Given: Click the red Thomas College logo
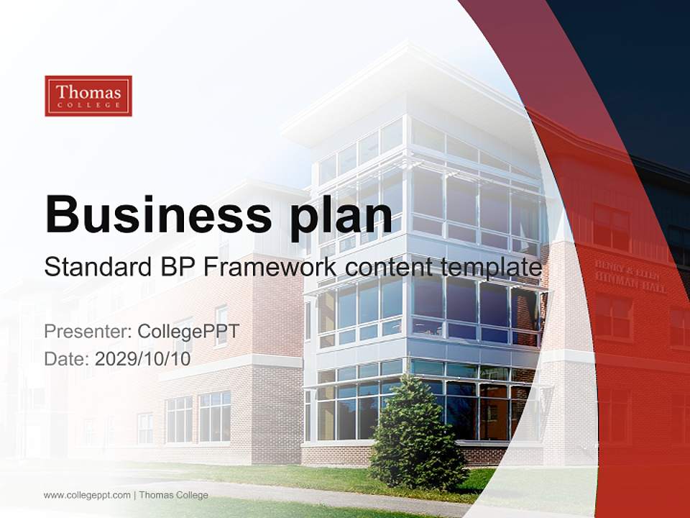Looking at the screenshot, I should coord(88,96).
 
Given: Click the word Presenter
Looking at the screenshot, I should coord(87,332).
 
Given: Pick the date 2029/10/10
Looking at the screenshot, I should coord(142,358).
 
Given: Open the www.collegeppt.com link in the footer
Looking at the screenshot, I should coord(87,495).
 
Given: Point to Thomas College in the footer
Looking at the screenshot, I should coord(173,495).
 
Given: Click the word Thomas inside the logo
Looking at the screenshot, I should coord(88,92).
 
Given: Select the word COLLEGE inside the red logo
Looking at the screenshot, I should coord(88,106).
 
